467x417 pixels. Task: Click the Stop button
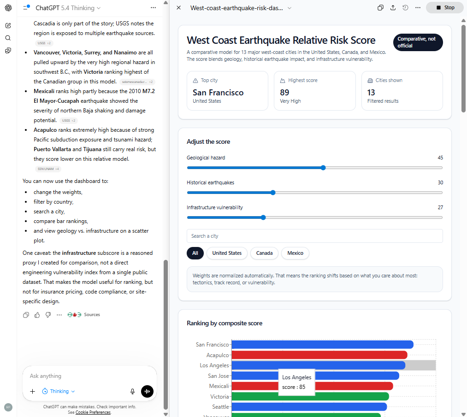click(x=445, y=7)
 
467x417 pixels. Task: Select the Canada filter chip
click(x=264, y=253)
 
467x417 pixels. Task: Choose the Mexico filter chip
click(x=295, y=253)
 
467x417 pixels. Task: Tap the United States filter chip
click(x=227, y=253)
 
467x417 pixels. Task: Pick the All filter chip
click(x=195, y=253)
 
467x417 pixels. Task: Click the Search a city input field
click(x=314, y=236)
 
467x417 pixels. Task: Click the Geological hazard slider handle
click(x=323, y=168)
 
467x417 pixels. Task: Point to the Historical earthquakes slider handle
click(x=273, y=193)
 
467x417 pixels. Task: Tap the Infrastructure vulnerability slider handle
click(x=263, y=217)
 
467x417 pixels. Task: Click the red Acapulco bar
click(x=319, y=355)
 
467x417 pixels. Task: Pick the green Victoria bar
click(x=310, y=396)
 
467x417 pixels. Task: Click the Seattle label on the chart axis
click(x=220, y=407)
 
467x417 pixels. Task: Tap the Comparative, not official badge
click(x=418, y=42)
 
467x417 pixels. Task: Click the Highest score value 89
click(x=285, y=93)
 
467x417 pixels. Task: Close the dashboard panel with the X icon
click(x=179, y=8)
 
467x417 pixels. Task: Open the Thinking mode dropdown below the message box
click(x=59, y=391)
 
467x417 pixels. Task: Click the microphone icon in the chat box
click(x=133, y=391)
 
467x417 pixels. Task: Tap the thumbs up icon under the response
click(x=37, y=315)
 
